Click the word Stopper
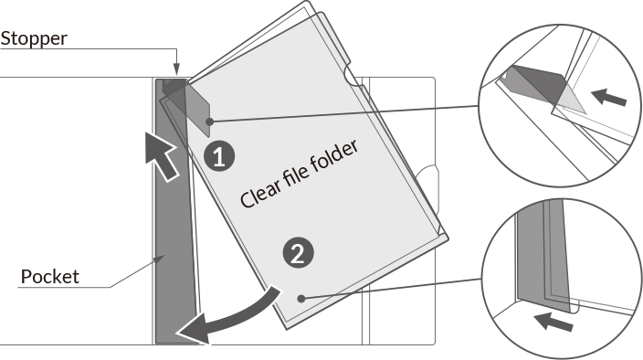coord(34,39)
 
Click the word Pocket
coord(49,277)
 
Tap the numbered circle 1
coord(219,156)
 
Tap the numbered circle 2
coord(298,253)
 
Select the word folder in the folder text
coord(333,158)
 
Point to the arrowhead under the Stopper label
coord(176,69)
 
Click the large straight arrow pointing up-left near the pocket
coord(161,156)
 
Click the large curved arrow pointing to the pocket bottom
coord(236,316)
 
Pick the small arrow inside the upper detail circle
coord(608,97)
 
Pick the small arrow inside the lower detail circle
coord(553,321)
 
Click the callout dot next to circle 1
coord(209,122)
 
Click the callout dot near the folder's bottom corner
coord(301,299)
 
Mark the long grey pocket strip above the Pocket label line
coord(174,213)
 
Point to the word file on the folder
coord(295,175)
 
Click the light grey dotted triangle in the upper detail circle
coord(571,100)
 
